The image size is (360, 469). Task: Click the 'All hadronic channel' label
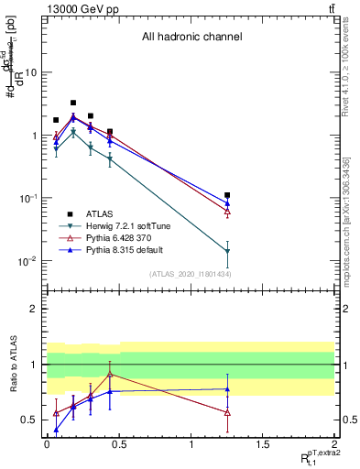[x=191, y=38]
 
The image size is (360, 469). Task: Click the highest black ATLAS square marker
[x=73, y=104]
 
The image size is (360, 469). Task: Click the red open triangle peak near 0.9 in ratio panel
[x=110, y=374]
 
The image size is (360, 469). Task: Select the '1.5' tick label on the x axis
[x=264, y=444]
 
